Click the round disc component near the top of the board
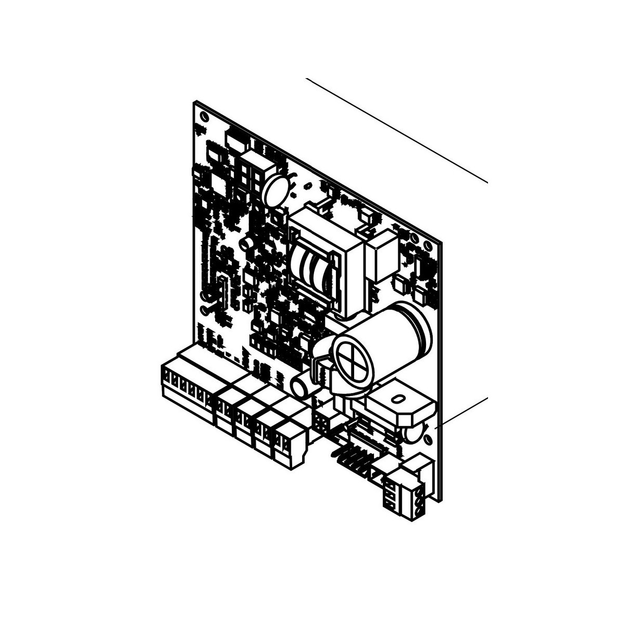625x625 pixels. pyautogui.click(x=277, y=190)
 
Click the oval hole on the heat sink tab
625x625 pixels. pyautogui.click(x=398, y=399)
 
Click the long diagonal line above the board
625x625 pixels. pyautogui.click(x=396, y=130)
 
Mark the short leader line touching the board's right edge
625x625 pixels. pyautogui.click(x=461, y=411)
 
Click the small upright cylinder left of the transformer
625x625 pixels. pyautogui.click(x=249, y=245)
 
